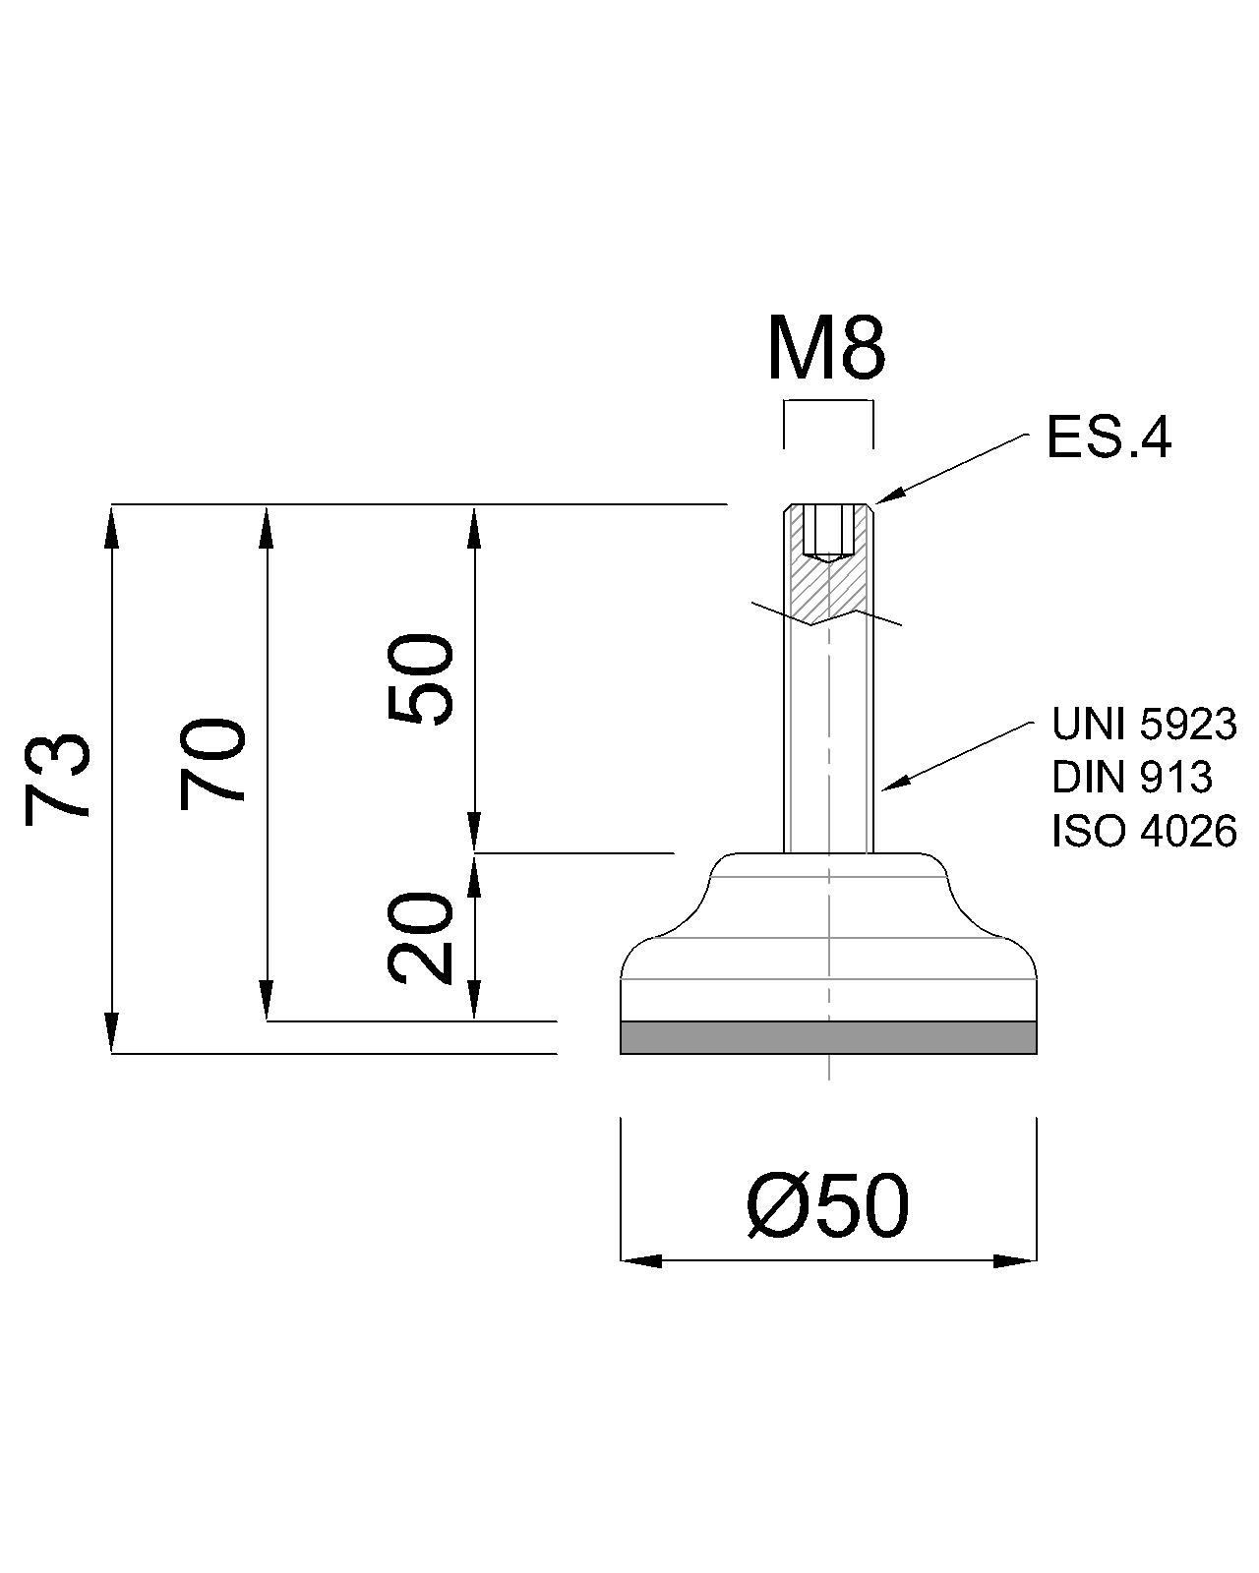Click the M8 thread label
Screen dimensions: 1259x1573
(826, 351)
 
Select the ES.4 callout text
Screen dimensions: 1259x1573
(1108, 437)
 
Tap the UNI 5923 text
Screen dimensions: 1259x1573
(1143, 725)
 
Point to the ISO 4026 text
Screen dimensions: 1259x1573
(1143, 831)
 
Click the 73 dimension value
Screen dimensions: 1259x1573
(57, 779)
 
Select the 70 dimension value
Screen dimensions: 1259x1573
(211, 764)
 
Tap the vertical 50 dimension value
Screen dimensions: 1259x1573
(420, 679)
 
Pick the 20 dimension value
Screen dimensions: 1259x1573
(420, 938)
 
